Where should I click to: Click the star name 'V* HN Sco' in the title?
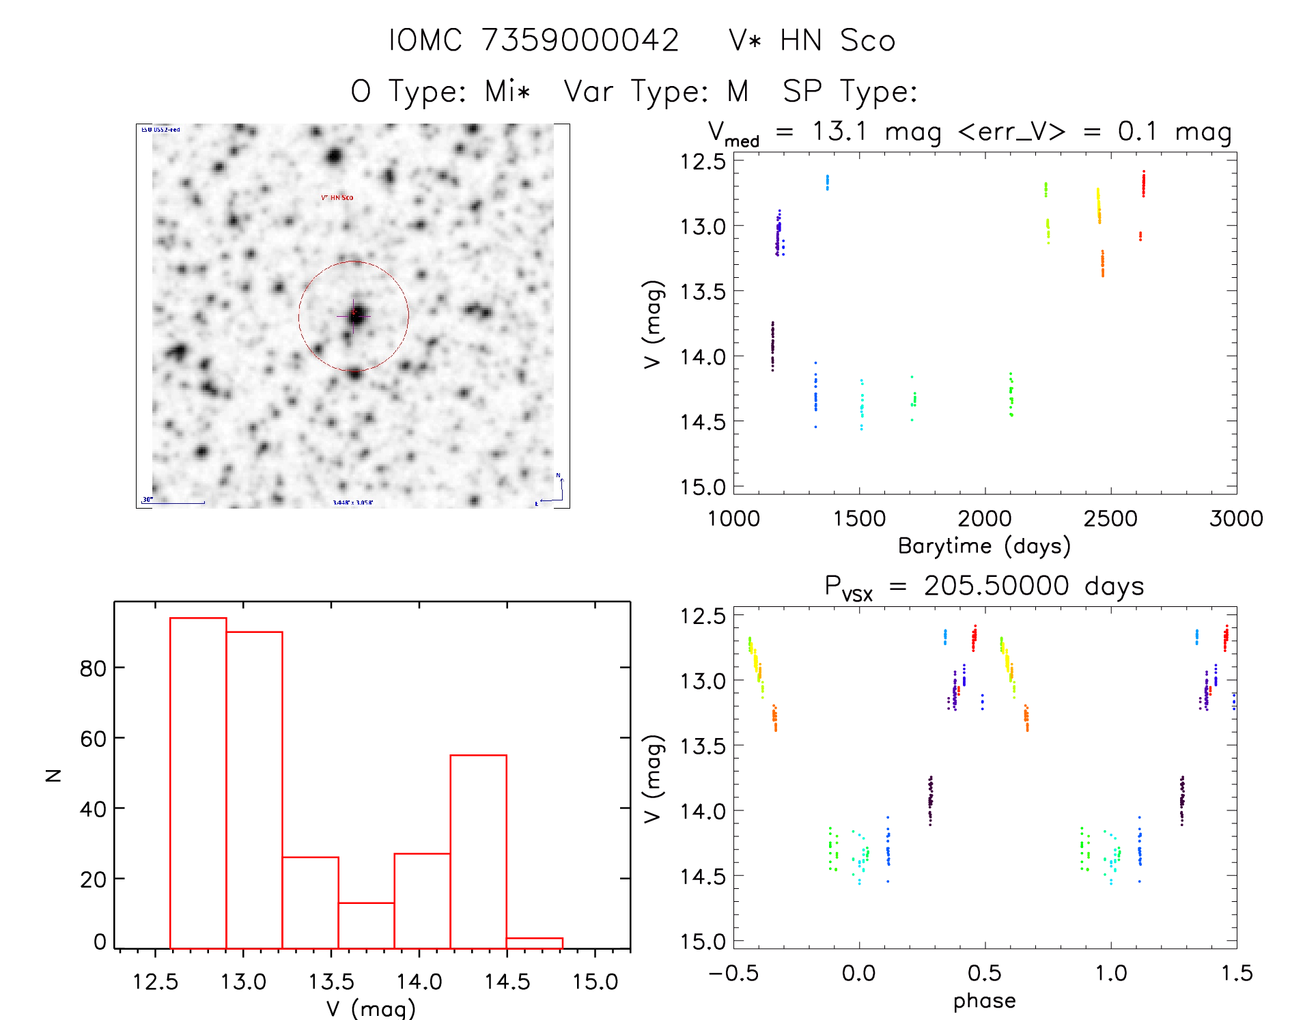[x=811, y=41]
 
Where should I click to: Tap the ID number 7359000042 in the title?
[x=580, y=41]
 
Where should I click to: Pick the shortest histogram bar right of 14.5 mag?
[x=534, y=943]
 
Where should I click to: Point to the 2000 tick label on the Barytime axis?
[x=985, y=519]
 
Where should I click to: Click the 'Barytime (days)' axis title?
[x=984, y=546]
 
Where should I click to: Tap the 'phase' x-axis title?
[x=984, y=1001]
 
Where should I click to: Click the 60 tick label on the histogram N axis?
[x=93, y=739]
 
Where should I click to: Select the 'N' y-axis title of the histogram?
[x=53, y=775]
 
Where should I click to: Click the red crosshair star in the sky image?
[x=354, y=315]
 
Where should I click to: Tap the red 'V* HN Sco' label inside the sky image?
[x=337, y=198]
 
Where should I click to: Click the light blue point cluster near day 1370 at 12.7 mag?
[x=827, y=182]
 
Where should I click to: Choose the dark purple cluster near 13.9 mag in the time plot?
[x=772, y=345]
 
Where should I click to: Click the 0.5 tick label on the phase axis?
[x=984, y=974]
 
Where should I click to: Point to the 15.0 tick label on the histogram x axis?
[x=595, y=982]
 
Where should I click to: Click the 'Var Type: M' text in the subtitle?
[x=656, y=91]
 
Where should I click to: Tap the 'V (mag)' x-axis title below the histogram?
[x=371, y=1008]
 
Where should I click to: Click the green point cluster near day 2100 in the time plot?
[x=1011, y=395]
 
